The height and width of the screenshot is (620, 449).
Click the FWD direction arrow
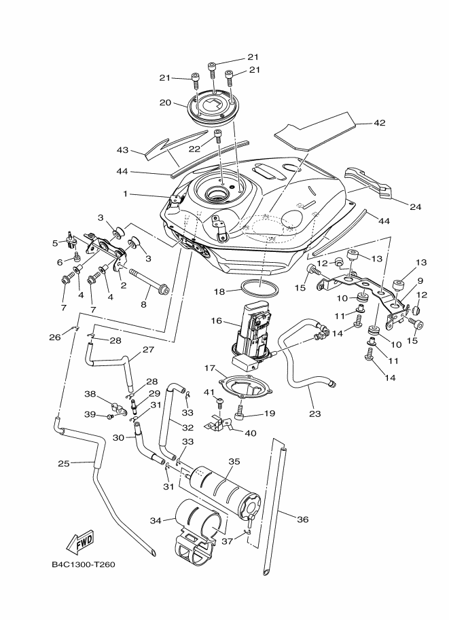click(x=80, y=542)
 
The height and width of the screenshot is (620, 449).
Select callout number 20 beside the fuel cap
click(x=164, y=103)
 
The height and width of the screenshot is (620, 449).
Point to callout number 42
click(x=379, y=124)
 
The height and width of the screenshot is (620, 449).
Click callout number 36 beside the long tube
click(x=303, y=519)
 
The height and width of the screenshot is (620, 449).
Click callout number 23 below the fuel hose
click(x=315, y=412)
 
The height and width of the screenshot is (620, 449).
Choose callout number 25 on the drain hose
click(x=63, y=464)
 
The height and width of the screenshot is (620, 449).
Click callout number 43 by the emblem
click(x=122, y=149)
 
